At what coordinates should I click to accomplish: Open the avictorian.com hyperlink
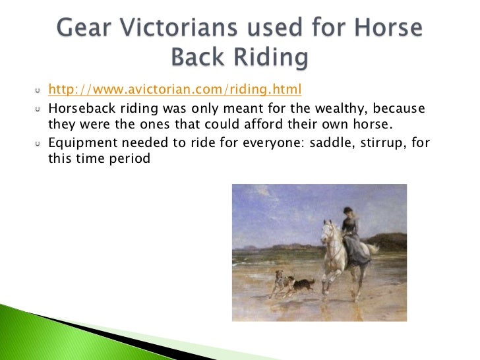[x=175, y=89]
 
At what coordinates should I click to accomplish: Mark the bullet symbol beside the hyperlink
[x=38, y=90]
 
